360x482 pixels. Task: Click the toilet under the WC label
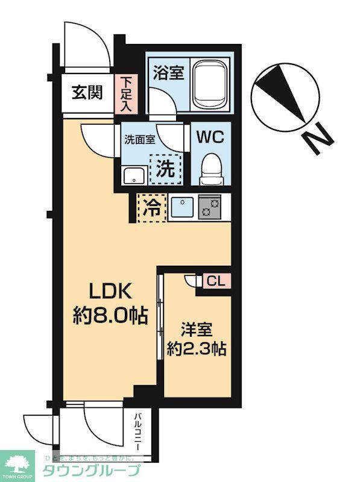(210, 166)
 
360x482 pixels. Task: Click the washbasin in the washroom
(133, 175)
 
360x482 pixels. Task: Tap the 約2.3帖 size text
(197, 349)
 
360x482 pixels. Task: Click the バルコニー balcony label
(137, 433)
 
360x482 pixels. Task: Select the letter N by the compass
(318, 137)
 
